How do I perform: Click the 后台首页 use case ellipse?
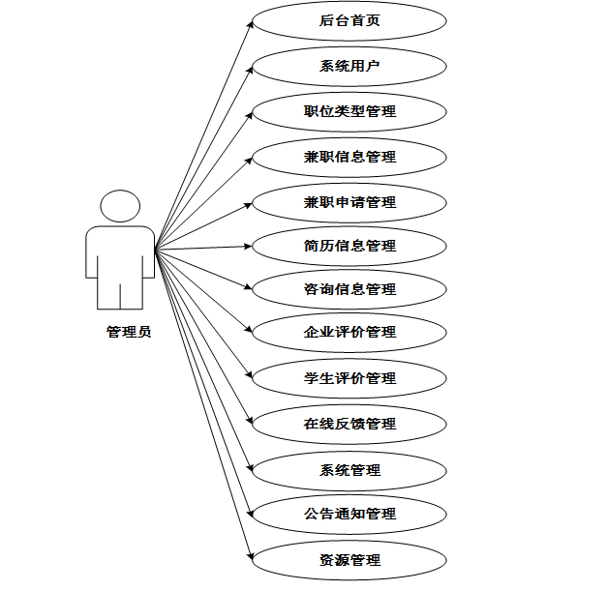[349, 21]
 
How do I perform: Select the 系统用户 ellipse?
[349, 67]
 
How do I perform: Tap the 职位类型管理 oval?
[349, 111]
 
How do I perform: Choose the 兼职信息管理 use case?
[349, 156]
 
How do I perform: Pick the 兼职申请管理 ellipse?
[349, 201]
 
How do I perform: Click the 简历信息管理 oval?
[349, 245]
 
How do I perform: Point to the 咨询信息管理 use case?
[349, 288]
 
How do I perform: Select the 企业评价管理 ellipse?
[349, 332]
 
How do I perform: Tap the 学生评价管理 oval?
[349, 377]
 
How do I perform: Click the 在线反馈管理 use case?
[349, 423]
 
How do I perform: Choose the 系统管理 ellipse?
[349, 470]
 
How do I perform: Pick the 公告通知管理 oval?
[349, 514]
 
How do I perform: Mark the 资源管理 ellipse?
[349, 559]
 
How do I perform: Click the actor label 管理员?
[129, 333]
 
